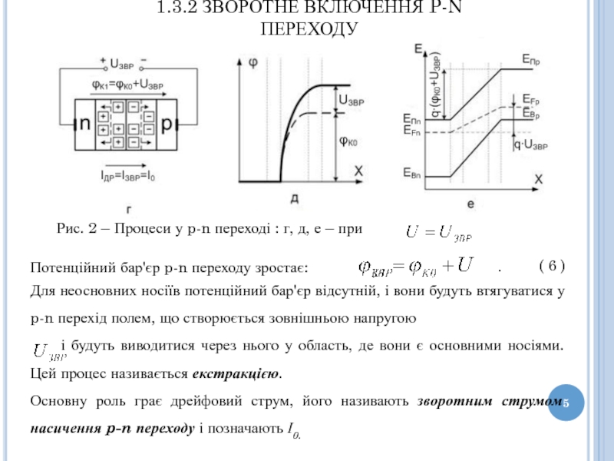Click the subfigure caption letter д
pyautogui.click(x=295, y=198)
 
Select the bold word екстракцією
pyautogui.click(x=236, y=375)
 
